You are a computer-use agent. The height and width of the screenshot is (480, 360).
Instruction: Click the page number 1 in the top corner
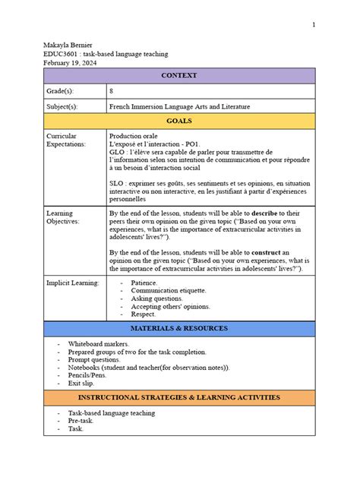[313, 25]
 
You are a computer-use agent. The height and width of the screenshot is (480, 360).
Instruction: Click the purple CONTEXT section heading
[180, 75]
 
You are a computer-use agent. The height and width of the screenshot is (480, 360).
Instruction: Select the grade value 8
[112, 90]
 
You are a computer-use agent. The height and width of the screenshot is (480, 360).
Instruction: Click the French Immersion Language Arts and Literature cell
[179, 106]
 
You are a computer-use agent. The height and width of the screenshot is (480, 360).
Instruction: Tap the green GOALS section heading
[180, 121]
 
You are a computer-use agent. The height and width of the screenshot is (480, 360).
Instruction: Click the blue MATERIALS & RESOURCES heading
[180, 327]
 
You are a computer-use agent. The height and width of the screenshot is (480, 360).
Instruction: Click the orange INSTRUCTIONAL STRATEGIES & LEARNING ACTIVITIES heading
[180, 398]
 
